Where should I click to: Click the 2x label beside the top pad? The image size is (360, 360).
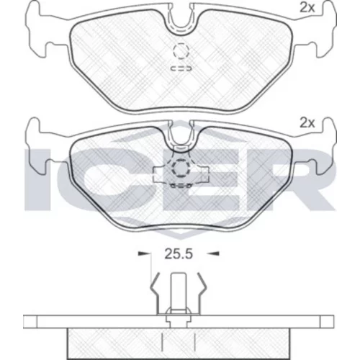pyautogui.click(x=307, y=9)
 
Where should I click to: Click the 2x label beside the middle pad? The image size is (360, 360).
pyautogui.click(x=307, y=123)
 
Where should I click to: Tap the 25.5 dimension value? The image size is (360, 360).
pyautogui.click(x=179, y=254)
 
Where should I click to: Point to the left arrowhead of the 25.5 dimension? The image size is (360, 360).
pyautogui.click(x=143, y=253)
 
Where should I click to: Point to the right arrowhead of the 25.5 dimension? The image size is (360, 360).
pyautogui.click(x=213, y=253)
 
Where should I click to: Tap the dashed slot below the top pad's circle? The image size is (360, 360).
pyautogui.click(x=181, y=68)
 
